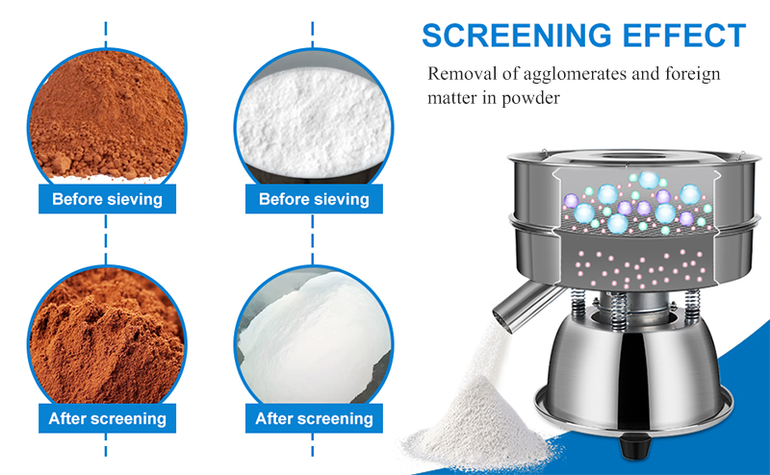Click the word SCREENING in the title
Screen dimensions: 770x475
517,36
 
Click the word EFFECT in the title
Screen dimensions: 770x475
684,36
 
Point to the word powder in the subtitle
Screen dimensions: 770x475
530,98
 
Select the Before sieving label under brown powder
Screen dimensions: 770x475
107,199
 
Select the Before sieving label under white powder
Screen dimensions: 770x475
314,199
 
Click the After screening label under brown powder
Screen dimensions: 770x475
107,418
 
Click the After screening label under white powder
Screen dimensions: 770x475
314,418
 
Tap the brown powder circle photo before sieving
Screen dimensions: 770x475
107,116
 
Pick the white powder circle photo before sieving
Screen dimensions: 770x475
314,116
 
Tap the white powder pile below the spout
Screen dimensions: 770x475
478,426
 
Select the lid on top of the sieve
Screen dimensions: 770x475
633,157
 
